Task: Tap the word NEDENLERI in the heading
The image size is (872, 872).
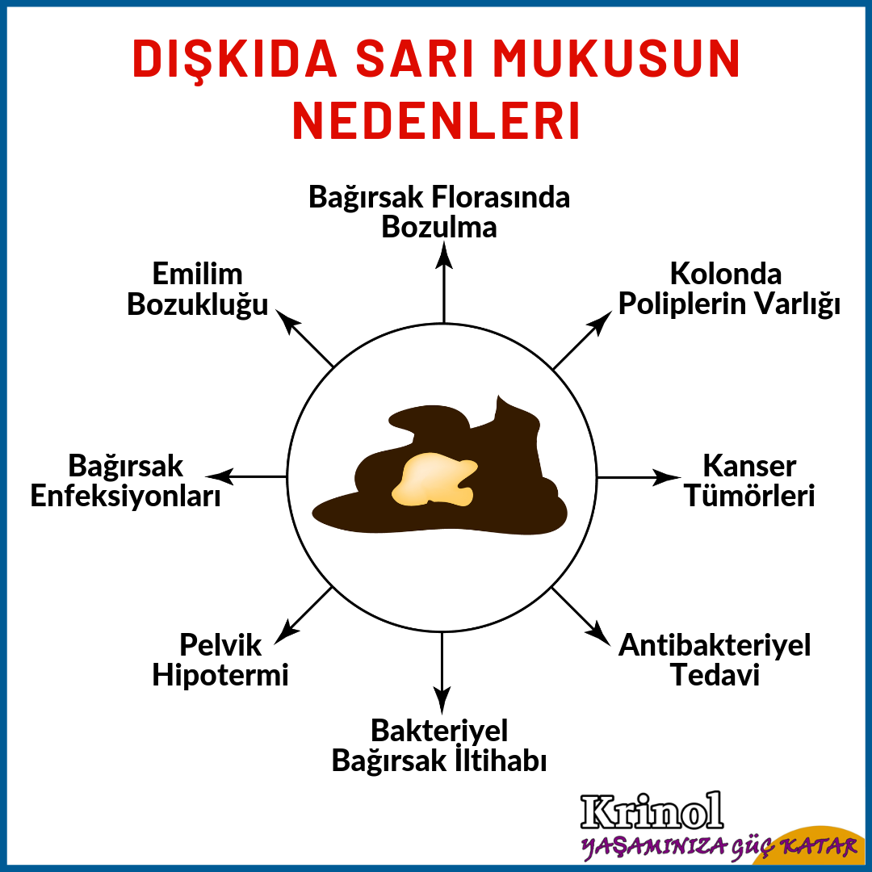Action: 436,121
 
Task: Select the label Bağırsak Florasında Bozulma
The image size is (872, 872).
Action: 439,212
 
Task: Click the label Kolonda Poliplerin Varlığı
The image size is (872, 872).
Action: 729,288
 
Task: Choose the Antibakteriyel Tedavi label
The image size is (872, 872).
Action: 715,660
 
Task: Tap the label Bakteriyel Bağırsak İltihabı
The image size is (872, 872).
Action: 439,745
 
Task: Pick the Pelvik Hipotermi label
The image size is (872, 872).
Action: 220,660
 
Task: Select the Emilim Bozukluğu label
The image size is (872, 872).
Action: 198,288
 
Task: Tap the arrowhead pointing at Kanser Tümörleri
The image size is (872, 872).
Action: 667,477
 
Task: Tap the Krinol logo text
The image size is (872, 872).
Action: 652,811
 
